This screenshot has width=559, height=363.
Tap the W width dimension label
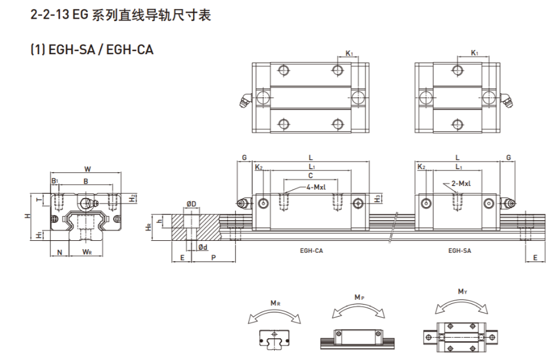click(87, 169)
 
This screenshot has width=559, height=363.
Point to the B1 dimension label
click(54, 181)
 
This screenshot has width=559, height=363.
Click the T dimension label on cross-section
click(40, 200)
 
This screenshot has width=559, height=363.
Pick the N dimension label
click(59, 251)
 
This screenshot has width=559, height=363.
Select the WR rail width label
click(87, 251)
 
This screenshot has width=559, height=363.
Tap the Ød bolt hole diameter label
click(203, 247)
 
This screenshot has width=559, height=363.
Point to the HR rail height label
click(148, 227)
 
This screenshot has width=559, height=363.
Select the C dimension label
click(310, 175)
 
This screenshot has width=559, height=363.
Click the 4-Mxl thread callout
click(316, 187)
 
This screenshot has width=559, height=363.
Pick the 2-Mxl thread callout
click(461, 184)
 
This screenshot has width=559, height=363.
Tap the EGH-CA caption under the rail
click(311, 250)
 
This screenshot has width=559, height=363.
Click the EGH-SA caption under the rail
click(459, 250)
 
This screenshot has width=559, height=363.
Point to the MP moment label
click(359, 297)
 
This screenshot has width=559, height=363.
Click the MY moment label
click(462, 292)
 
